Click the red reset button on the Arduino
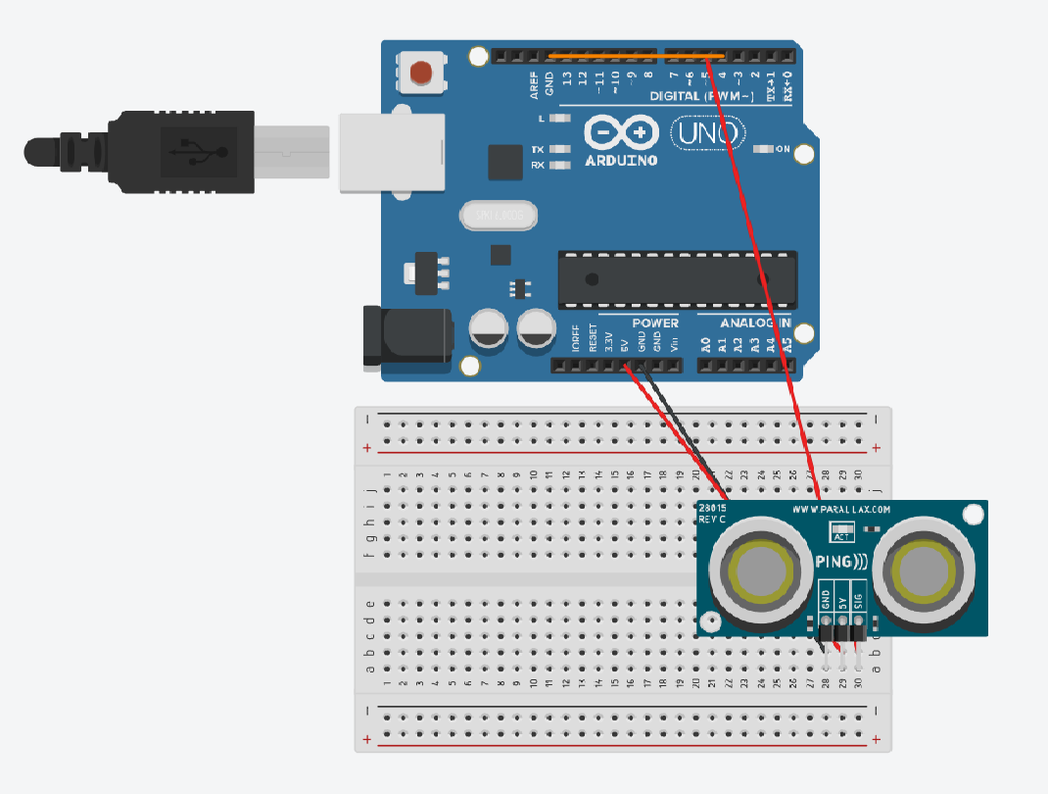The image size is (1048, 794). [x=421, y=72]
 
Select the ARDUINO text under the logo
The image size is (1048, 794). [x=621, y=160]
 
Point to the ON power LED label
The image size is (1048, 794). [x=783, y=149]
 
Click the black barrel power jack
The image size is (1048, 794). [x=407, y=336]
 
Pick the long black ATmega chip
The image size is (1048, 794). [x=676, y=278]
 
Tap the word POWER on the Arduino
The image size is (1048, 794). [x=654, y=323]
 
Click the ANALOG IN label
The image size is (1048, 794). [x=755, y=323]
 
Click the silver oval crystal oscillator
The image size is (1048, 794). [x=498, y=214]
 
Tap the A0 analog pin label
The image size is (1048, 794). [x=705, y=344]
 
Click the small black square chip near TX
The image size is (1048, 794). [x=505, y=163]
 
